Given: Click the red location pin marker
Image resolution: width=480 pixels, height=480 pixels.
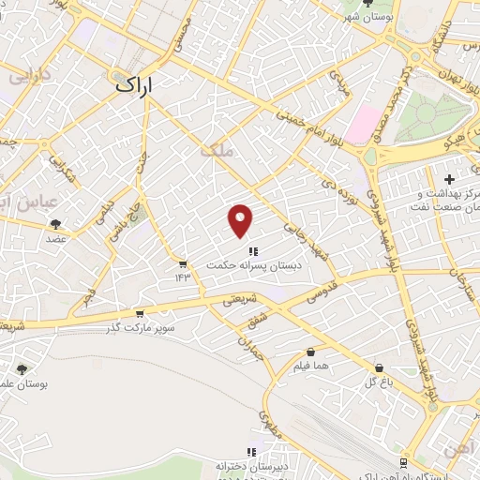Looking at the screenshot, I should (x=241, y=219).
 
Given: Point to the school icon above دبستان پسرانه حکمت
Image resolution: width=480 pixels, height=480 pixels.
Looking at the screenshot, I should (x=252, y=250).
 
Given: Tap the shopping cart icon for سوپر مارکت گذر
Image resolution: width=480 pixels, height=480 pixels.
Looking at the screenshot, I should (x=140, y=314).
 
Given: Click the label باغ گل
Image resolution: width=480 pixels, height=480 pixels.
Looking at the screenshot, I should (x=378, y=383).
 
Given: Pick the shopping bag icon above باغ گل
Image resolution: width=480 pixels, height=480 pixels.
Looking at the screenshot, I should (x=378, y=367).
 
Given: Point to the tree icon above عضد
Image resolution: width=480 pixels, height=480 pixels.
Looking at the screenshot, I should (x=55, y=224).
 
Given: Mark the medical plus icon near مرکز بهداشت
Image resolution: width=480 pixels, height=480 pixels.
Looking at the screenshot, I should (x=449, y=179).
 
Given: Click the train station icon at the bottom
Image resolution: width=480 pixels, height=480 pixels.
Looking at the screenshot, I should (x=404, y=463).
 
